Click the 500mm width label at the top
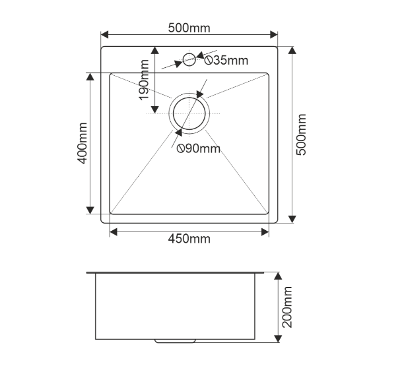tap(189, 28)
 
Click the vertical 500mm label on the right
tap(301, 135)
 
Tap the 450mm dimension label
tap(189, 239)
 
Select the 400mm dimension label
tap(83, 143)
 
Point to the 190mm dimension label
tap(144, 80)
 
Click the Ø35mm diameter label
tap(226, 61)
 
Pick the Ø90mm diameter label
tap(199, 148)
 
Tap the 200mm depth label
tap(287, 307)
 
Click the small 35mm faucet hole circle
tap(189, 53)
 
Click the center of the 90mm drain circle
tap(189, 113)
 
